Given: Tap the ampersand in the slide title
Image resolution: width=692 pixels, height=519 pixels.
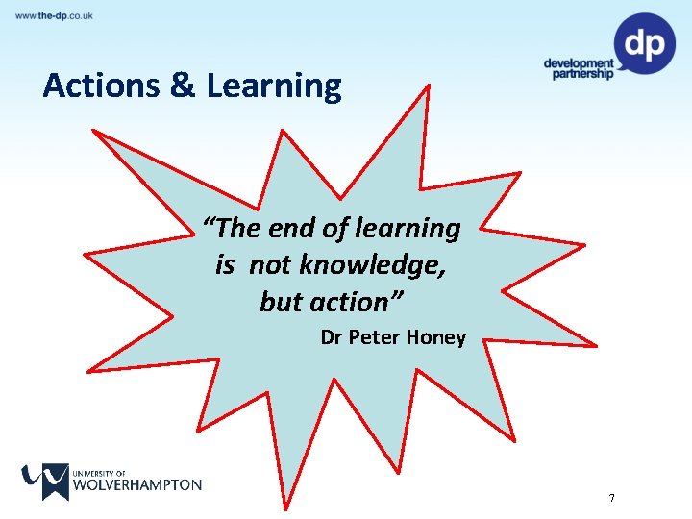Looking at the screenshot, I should pyautogui.click(x=182, y=86).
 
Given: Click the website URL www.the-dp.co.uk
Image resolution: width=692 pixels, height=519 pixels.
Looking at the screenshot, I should pyautogui.click(x=54, y=15).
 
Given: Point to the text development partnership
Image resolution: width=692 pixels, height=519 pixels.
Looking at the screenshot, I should pyautogui.click(x=578, y=69).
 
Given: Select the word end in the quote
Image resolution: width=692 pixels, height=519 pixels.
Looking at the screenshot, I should pyautogui.click(x=289, y=229).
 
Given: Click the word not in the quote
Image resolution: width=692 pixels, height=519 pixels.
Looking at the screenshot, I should pyautogui.click(x=269, y=265).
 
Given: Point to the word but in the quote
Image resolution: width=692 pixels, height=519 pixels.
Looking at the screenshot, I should pyautogui.click(x=281, y=302).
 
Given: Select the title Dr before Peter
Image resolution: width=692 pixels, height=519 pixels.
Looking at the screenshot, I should pyautogui.click(x=331, y=337).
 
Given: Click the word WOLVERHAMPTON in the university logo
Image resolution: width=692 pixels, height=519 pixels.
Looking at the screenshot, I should pyautogui.click(x=137, y=484).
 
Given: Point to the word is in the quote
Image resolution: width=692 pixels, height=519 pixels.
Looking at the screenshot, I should pyautogui.click(x=225, y=265).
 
